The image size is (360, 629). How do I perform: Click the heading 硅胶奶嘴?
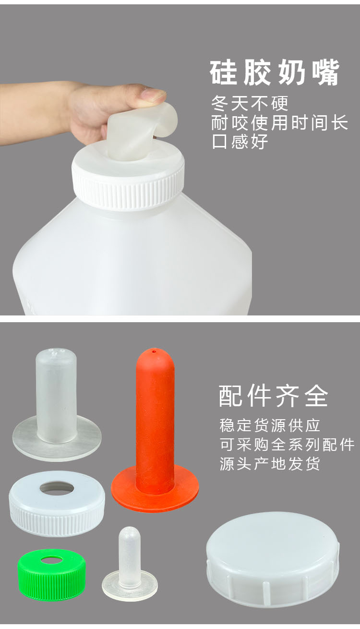click(x=275, y=73)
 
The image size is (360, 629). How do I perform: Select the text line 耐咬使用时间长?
click(x=279, y=123)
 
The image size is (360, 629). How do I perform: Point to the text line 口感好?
click(x=240, y=141)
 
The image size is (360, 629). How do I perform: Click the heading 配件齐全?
click(x=274, y=397)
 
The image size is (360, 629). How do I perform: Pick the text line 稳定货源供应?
click(x=270, y=425)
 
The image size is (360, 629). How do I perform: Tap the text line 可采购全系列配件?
click(x=287, y=445)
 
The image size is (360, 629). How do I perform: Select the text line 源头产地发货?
click(x=270, y=464)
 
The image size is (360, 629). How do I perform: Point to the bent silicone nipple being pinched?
click(x=139, y=127)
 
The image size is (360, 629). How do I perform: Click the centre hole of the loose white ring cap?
click(x=57, y=488)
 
